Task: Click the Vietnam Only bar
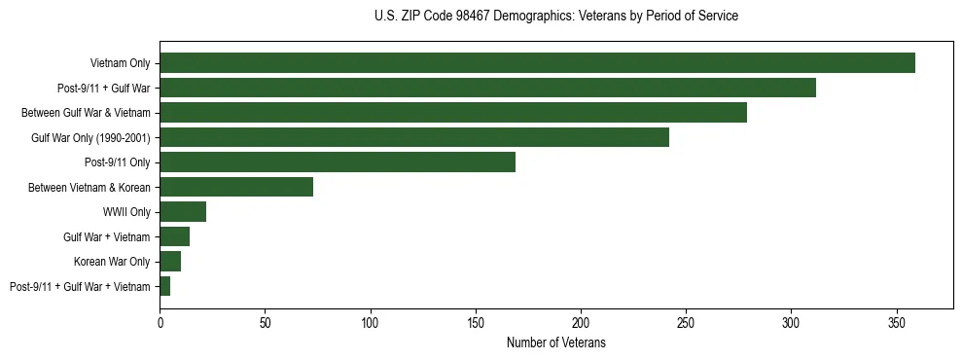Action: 537,63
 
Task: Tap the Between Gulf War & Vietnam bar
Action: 453,113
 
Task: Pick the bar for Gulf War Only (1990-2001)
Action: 414,137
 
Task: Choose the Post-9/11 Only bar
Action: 338,162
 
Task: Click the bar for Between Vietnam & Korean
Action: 236,187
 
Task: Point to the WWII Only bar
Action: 183,212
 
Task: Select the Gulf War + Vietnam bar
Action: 174,236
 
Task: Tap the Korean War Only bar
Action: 170,262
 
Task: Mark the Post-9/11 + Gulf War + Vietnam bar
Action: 165,286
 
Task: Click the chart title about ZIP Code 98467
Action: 555,17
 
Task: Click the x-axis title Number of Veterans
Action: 555,342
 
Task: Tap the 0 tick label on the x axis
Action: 160,322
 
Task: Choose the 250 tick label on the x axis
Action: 686,322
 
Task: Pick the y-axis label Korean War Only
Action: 112,262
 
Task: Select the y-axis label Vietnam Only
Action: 120,63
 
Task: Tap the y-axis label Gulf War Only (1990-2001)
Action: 90,137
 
